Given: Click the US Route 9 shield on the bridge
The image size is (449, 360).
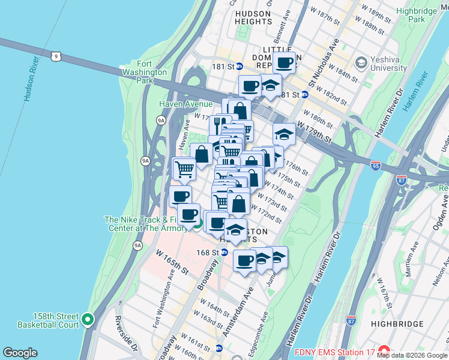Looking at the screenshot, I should tap(56, 56).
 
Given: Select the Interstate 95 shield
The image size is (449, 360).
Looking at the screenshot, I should tap(376, 163).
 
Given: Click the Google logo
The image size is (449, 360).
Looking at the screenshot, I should tap(20, 353).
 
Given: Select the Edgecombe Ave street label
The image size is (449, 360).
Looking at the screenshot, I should tap(265, 325).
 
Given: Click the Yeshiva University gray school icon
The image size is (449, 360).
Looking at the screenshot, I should tap(361, 62).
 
